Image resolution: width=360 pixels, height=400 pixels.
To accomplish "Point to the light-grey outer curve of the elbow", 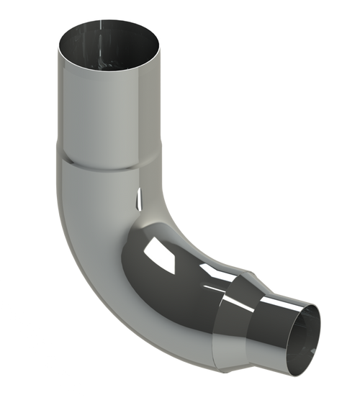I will [x=86, y=237].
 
